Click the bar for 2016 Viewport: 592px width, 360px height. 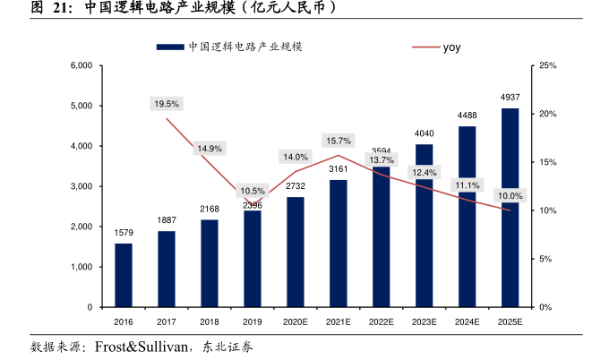click(124, 275)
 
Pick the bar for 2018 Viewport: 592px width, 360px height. click(210, 263)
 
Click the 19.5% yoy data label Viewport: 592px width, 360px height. click(167, 104)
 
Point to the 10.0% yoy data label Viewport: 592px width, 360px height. click(510, 196)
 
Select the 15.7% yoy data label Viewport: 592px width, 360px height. click(339, 141)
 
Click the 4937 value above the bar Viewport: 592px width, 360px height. click(510, 97)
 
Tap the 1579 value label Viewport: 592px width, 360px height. click(124, 233)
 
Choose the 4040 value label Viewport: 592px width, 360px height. click(424, 133)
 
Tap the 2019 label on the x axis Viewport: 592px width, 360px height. click(253, 321)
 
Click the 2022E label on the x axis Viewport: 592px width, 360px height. click(381, 321)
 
